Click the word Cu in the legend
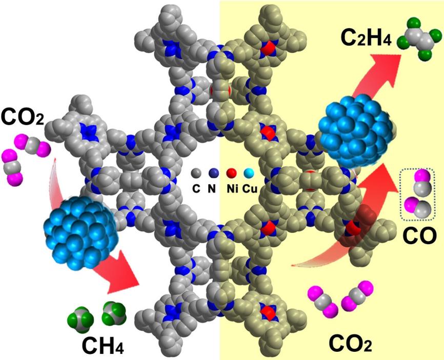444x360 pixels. pyautogui.click(x=250, y=189)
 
